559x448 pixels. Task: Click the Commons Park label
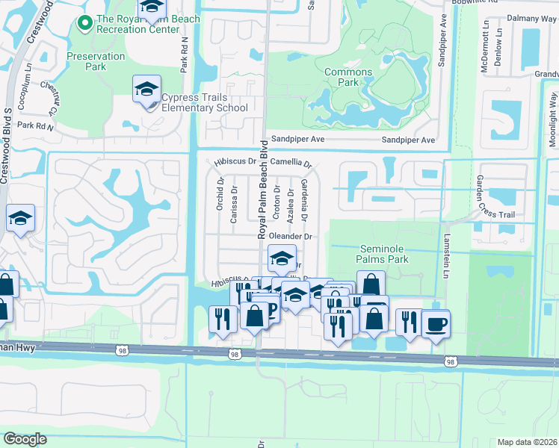point(348,77)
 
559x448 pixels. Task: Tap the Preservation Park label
point(96,61)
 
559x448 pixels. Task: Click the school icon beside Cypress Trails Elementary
point(146,91)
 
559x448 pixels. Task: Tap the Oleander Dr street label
point(289,236)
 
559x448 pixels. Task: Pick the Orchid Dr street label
point(220,193)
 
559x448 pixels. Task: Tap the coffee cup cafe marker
point(436,325)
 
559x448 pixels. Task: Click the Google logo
point(25,439)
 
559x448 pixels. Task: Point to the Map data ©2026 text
point(527,442)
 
